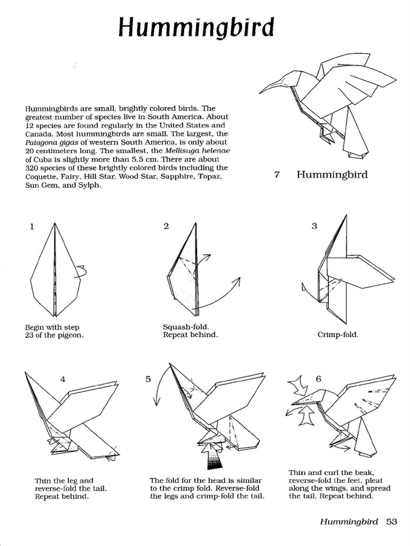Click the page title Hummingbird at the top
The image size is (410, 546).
[x=196, y=27]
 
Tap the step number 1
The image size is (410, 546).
[x=32, y=226]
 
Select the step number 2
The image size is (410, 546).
[x=167, y=226]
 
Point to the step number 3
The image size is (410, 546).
[x=314, y=226]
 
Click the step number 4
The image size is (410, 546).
[x=63, y=379]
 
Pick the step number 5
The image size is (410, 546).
[x=148, y=379]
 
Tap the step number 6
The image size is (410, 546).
[x=319, y=379]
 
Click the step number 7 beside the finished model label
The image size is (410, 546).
[x=277, y=175]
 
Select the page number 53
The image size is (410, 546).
[x=392, y=521]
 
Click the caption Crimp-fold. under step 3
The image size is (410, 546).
[x=338, y=335]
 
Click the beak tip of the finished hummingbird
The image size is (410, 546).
[x=261, y=92]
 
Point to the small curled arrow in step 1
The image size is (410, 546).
[x=81, y=271]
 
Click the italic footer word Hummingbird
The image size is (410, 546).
[x=349, y=521]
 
